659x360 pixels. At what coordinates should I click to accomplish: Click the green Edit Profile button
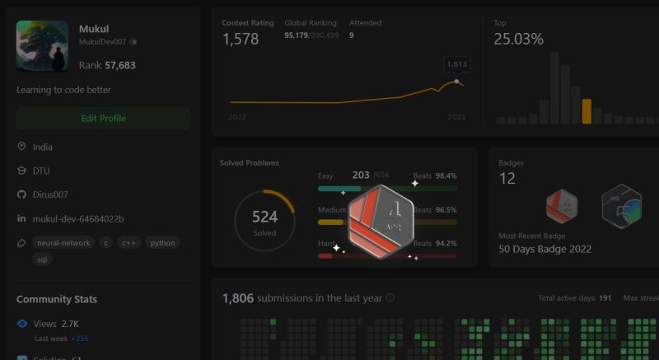coord(103,119)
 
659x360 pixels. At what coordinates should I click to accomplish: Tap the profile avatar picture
coord(42,46)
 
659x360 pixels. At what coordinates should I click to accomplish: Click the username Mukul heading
coord(93,29)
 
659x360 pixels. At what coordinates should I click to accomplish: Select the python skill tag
coord(161,243)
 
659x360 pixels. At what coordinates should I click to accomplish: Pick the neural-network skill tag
coord(63,243)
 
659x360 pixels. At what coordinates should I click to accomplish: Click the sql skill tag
coord(42,259)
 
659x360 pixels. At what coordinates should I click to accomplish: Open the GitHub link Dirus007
coord(50,194)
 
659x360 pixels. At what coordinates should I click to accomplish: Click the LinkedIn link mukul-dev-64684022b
coord(78,218)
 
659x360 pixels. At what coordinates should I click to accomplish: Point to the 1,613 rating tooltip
coord(456,63)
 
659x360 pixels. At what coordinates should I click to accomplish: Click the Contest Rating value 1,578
coord(241,39)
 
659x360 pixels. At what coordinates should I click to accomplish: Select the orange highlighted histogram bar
coord(587,111)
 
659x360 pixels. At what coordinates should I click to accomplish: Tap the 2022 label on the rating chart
coord(237,118)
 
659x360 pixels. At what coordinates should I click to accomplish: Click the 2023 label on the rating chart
coord(456,118)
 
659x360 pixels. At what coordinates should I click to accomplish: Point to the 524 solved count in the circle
coord(264,217)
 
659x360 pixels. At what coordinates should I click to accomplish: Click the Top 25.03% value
coord(518,39)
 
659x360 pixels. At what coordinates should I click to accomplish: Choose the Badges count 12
coord(507,179)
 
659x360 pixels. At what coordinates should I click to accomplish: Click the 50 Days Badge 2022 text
coord(545,249)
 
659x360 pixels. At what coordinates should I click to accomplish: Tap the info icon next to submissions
coord(390,298)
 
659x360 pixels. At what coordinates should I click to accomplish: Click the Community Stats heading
coord(57,299)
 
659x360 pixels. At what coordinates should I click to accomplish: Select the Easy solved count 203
coord(361,175)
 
